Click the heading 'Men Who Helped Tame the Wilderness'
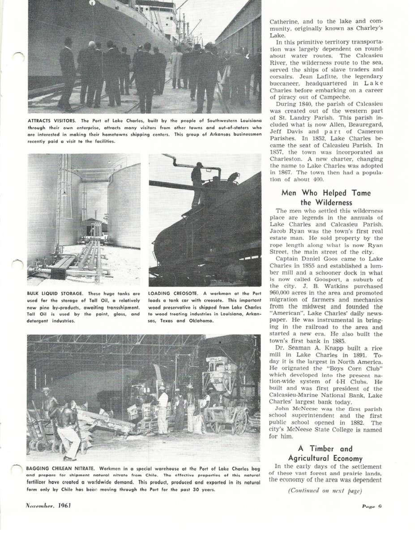(326, 197)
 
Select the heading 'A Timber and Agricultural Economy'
(326, 453)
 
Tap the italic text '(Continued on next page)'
(325, 491)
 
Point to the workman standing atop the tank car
(197, 183)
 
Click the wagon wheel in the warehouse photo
(240, 422)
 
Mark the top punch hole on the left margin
(18, 57)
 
